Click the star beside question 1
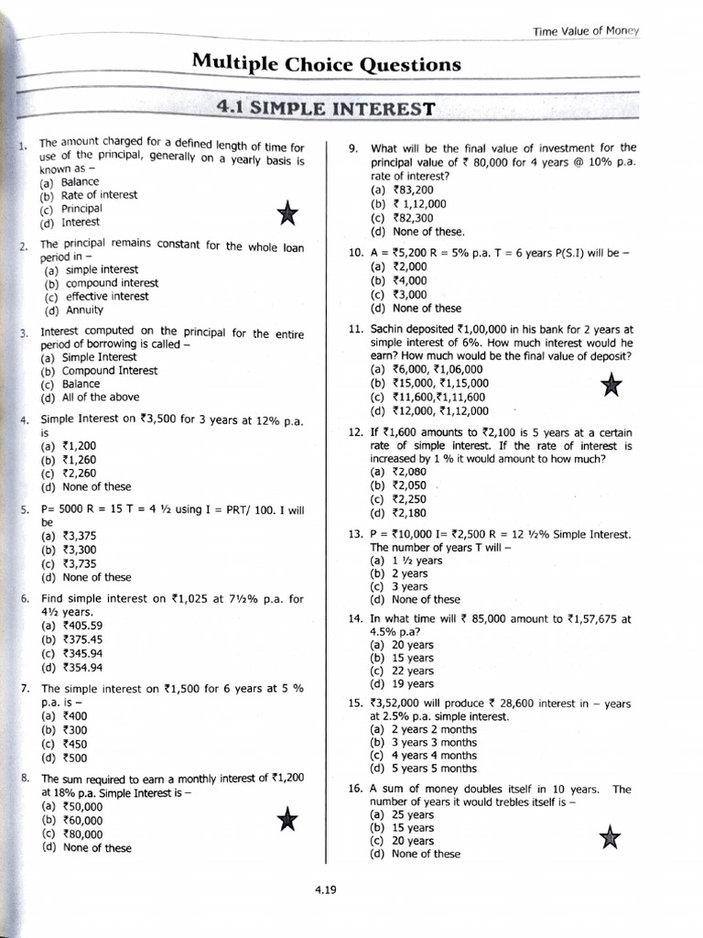point(287,214)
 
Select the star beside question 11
point(612,386)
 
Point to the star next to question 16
point(608,836)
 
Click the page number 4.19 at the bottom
point(324,888)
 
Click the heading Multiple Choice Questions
point(326,64)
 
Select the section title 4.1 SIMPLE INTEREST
point(325,109)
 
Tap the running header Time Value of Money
point(586,31)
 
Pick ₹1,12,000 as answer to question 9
point(408,204)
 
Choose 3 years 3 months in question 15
point(424,742)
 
